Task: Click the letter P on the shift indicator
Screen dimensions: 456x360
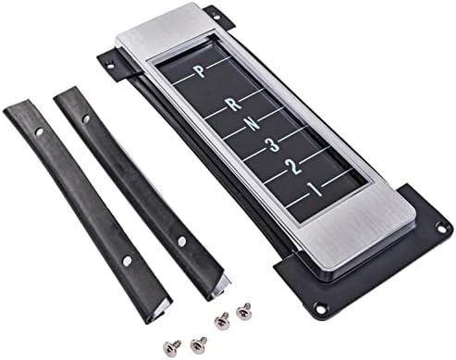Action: point(201,71)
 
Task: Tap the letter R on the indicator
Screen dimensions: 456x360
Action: point(234,105)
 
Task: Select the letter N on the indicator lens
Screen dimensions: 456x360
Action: point(253,124)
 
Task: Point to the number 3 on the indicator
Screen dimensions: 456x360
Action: point(274,144)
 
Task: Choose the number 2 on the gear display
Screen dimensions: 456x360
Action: point(294,167)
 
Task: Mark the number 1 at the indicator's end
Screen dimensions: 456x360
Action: point(316,189)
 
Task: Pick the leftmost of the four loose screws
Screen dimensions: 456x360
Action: point(171,346)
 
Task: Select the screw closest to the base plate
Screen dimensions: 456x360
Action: point(244,311)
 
